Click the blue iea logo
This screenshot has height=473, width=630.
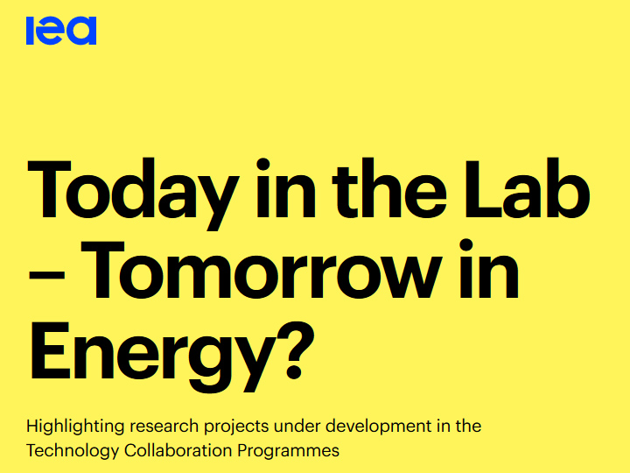tap(61, 30)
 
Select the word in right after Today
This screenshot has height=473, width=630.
tap(285, 188)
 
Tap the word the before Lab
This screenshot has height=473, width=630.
tap(389, 188)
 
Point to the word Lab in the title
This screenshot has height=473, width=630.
tap(527, 189)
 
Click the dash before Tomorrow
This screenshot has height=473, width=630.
tap(46, 276)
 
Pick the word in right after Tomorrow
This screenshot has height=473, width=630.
tap(489, 269)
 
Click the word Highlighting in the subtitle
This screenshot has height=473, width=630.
tap(75, 427)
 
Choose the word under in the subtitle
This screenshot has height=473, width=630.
tap(297, 426)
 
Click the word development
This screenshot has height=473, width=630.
tap(378, 427)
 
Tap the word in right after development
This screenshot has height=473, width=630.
tap(443, 426)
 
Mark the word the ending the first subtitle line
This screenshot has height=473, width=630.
tap(468, 426)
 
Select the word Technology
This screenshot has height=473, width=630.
tap(73, 451)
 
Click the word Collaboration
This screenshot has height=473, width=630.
tap(178, 450)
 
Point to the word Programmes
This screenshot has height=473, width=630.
tap(289, 451)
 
